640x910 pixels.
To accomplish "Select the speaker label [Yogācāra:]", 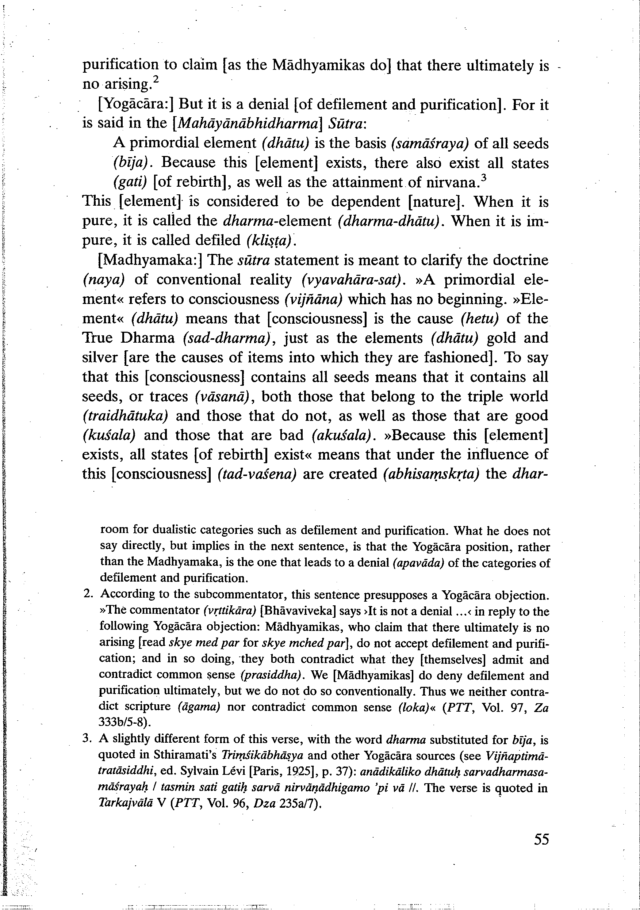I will (x=136, y=104).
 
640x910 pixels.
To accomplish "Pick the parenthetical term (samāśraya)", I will (x=430, y=144).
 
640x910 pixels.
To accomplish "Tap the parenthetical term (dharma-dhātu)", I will (x=390, y=221).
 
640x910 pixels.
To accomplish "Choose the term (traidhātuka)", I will (x=125, y=416).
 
